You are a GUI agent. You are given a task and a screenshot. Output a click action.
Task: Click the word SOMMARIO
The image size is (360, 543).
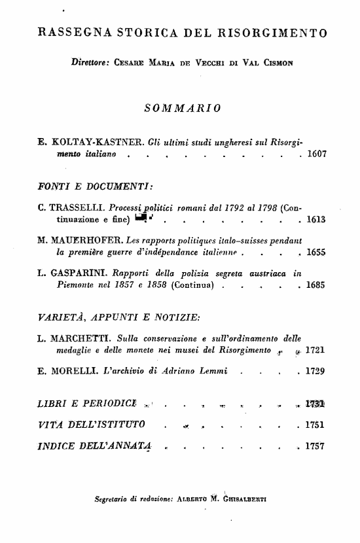click(x=181, y=107)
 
